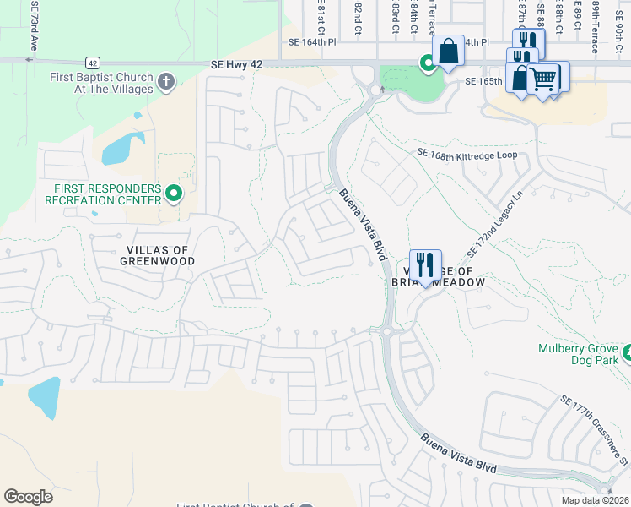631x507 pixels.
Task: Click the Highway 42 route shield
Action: [x=92, y=63]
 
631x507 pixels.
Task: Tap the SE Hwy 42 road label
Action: [x=243, y=64]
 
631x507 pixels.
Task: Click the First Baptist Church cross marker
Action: [x=165, y=82]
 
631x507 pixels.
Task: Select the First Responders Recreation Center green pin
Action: [x=174, y=194]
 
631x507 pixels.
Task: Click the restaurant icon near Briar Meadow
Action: [x=425, y=264]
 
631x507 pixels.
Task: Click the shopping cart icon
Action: [x=544, y=79]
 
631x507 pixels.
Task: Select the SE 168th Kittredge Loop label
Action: [x=472, y=155]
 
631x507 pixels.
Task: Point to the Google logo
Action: [x=28, y=496]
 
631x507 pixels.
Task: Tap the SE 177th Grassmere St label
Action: [x=595, y=433]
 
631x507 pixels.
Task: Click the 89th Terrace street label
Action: [x=596, y=25]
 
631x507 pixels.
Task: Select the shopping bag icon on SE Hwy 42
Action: [x=448, y=50]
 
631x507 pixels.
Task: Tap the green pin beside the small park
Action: [x=428, y=63]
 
